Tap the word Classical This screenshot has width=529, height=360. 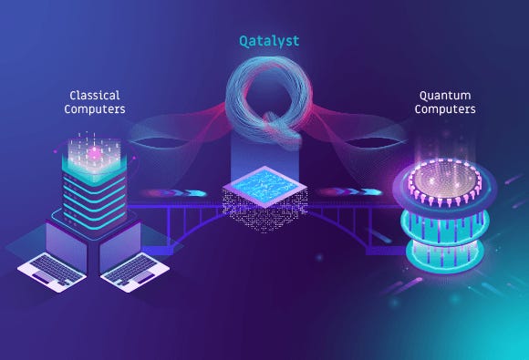point(95,95)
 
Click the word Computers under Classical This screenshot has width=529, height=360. point(95,110)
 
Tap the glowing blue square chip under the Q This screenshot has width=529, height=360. point(264,182)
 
